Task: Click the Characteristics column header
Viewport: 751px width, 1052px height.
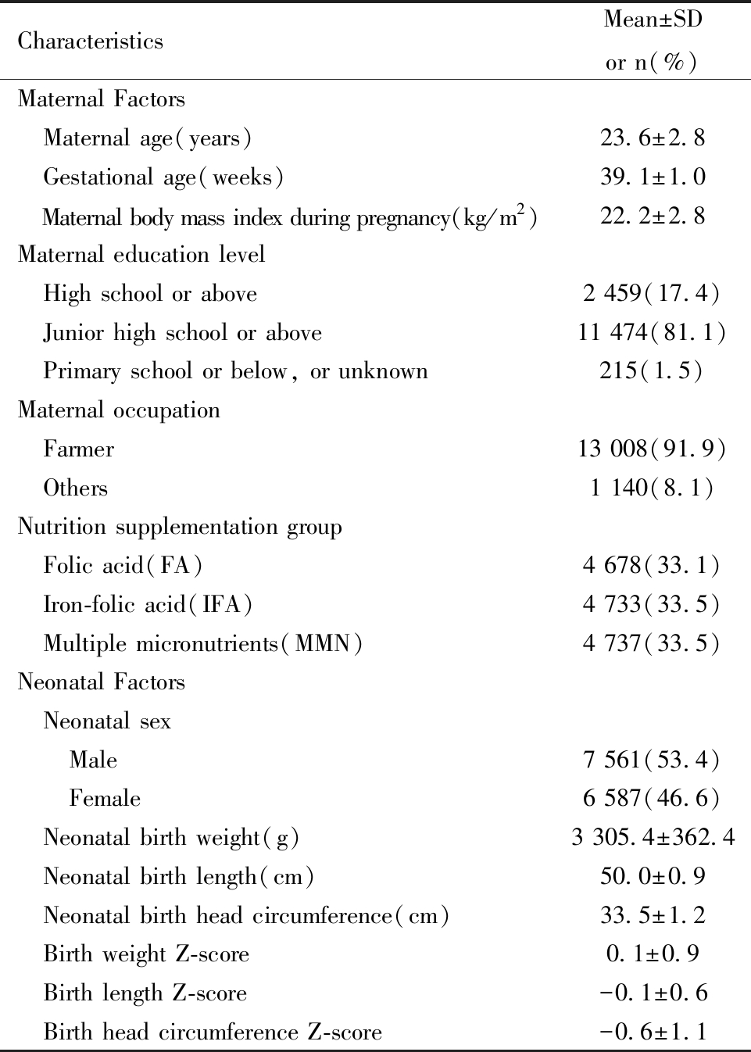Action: pyautogui.click(x=91, y=41)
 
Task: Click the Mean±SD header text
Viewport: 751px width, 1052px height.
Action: pyautogui.click(x=653, y=20)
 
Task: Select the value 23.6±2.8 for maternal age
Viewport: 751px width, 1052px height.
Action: pyautogui.click(x=653, y=138)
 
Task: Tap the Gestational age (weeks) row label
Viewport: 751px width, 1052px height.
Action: pyautogui.click(x=163, y=177)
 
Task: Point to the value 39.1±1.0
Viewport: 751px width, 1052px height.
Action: pyautogui.click(x=653, y=177)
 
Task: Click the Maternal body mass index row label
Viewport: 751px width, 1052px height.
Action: pyautogui.click(x=290, y=216)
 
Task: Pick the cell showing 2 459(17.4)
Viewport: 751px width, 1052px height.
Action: pyautogui.click(x=651, y=293)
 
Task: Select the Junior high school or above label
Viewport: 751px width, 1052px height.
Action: pyautogui.click(x=183, y=332)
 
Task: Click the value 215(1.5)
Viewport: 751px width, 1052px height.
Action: pyautogui.click(x=651, y=370)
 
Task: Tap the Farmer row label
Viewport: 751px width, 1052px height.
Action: pyautogui.click(x=79, y=449)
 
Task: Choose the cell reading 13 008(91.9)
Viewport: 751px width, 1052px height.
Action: pyautogui.click(x=652, y=449)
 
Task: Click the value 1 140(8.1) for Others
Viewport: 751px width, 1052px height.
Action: pyautogui.click(x=652, y=488)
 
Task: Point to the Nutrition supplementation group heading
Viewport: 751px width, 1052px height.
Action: pyautogui.click(x=180, y=527)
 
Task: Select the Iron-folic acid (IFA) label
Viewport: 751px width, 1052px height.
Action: pyautogui.click(x=148, y=604)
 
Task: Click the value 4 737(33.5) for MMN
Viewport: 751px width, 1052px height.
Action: pyautogui.click(x=651, y=643)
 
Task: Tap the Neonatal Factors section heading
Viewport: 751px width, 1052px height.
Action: pyautogui.click(x=102, y=682)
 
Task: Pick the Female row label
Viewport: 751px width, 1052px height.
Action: pyautogui.click(x=105, y=798)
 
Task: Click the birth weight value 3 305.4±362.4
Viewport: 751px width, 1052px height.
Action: pyautogui.click(x=653, y=838)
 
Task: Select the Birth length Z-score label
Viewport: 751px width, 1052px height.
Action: pyautogui.click(x=145, y=993)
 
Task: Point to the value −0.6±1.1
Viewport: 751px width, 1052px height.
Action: pyautogui.click(x=653, y=1032)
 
